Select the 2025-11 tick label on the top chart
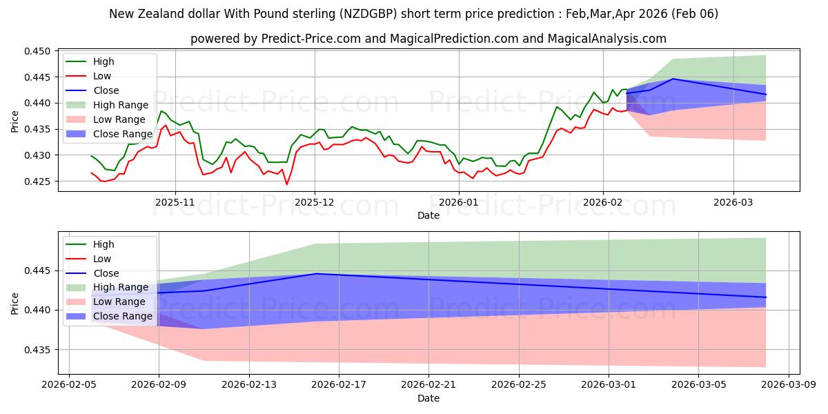[175, 202]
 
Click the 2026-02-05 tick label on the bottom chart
[68, 386]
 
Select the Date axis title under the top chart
[428, 215]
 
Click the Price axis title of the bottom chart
[15, 303]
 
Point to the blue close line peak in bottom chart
[316, 274]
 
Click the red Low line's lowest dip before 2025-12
[286, 184]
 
